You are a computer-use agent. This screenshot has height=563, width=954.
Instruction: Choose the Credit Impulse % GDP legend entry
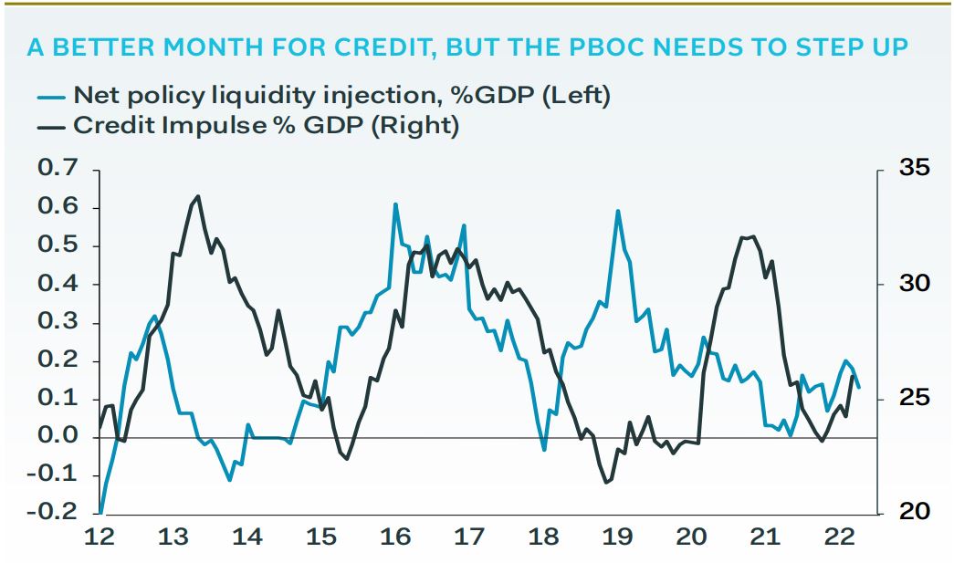266,125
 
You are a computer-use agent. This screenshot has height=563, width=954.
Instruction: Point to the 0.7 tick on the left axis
58,170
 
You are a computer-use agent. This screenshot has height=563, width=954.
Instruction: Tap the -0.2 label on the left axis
53,513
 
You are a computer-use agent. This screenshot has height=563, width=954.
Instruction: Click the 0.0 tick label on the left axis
58,437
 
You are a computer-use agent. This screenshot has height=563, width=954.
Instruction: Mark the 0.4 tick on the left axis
58,285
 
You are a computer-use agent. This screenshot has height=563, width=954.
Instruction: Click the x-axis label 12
100,537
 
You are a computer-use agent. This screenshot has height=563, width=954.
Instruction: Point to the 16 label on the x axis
394,537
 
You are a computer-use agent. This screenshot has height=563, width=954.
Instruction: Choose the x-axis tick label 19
616,537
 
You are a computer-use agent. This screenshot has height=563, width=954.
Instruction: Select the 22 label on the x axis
838,537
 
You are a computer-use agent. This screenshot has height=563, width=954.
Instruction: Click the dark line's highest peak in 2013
199,195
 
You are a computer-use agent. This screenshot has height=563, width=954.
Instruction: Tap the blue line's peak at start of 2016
395,204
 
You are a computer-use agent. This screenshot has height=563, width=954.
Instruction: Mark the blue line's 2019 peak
618,211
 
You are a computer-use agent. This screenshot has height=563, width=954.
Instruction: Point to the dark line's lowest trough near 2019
606,483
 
